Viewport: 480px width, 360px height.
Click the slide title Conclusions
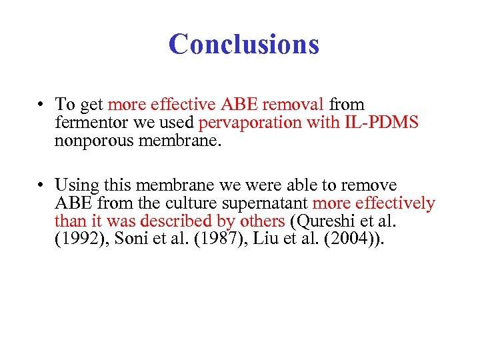tap(244, 45)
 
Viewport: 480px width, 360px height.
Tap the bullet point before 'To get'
tap(41, 105)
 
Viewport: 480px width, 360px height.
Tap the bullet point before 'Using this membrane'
tap(41, 185)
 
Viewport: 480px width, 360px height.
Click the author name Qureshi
tap(321, 221)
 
